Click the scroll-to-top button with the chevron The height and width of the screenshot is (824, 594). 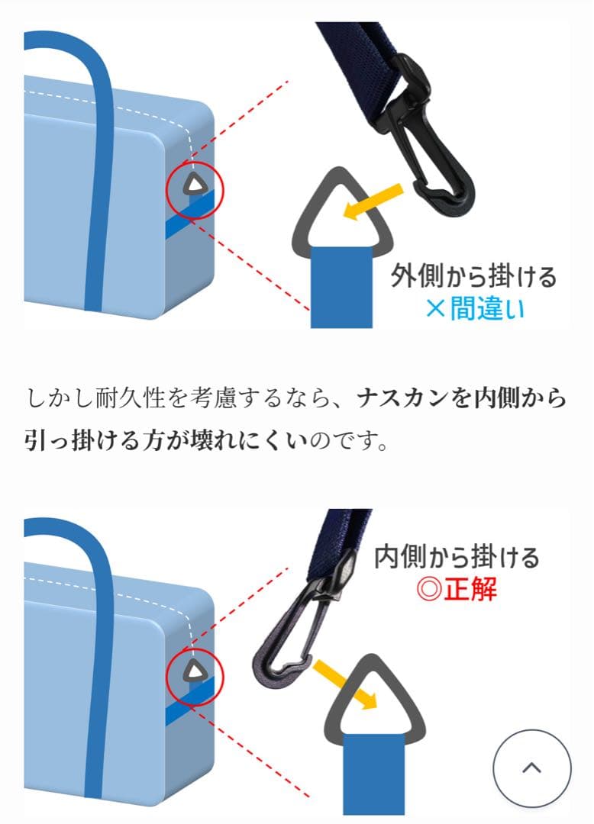[x=531, y=768]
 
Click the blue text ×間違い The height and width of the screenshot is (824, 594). [x=475, y=308]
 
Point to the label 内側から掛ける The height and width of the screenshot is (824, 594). [x=457, y=558]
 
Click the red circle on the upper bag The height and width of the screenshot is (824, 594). [x=195, y=188]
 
